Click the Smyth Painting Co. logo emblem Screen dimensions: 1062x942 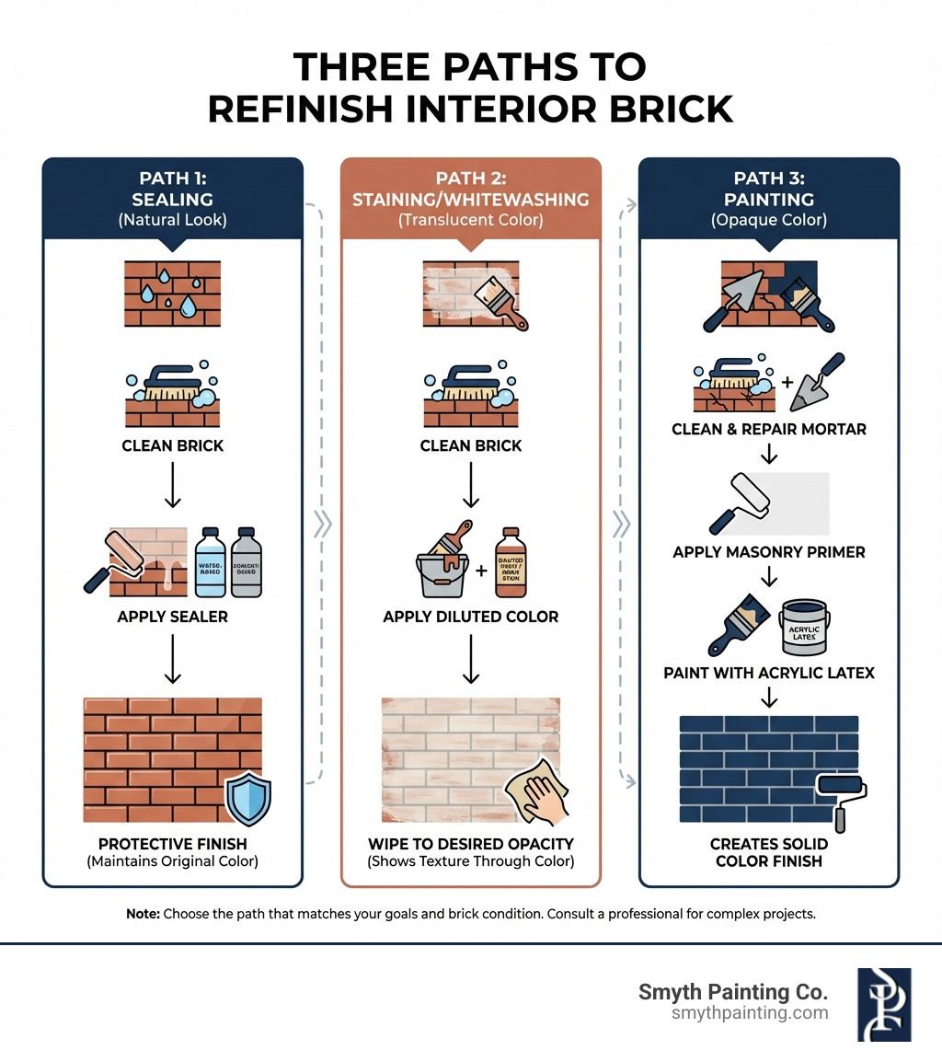(x=883, y=1004)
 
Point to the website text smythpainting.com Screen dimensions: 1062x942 (x=750, y=1013)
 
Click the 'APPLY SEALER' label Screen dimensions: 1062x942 (x=173, y=617)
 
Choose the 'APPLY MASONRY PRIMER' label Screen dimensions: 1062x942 (x=769, y=553)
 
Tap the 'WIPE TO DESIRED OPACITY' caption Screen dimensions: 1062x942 (x=470, y=844)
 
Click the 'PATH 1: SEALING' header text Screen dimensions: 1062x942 (x=173, y=189)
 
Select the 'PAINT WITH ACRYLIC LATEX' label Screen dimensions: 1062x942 (x=769, y=674)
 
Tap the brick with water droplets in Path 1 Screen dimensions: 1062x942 (x=173, y=294)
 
